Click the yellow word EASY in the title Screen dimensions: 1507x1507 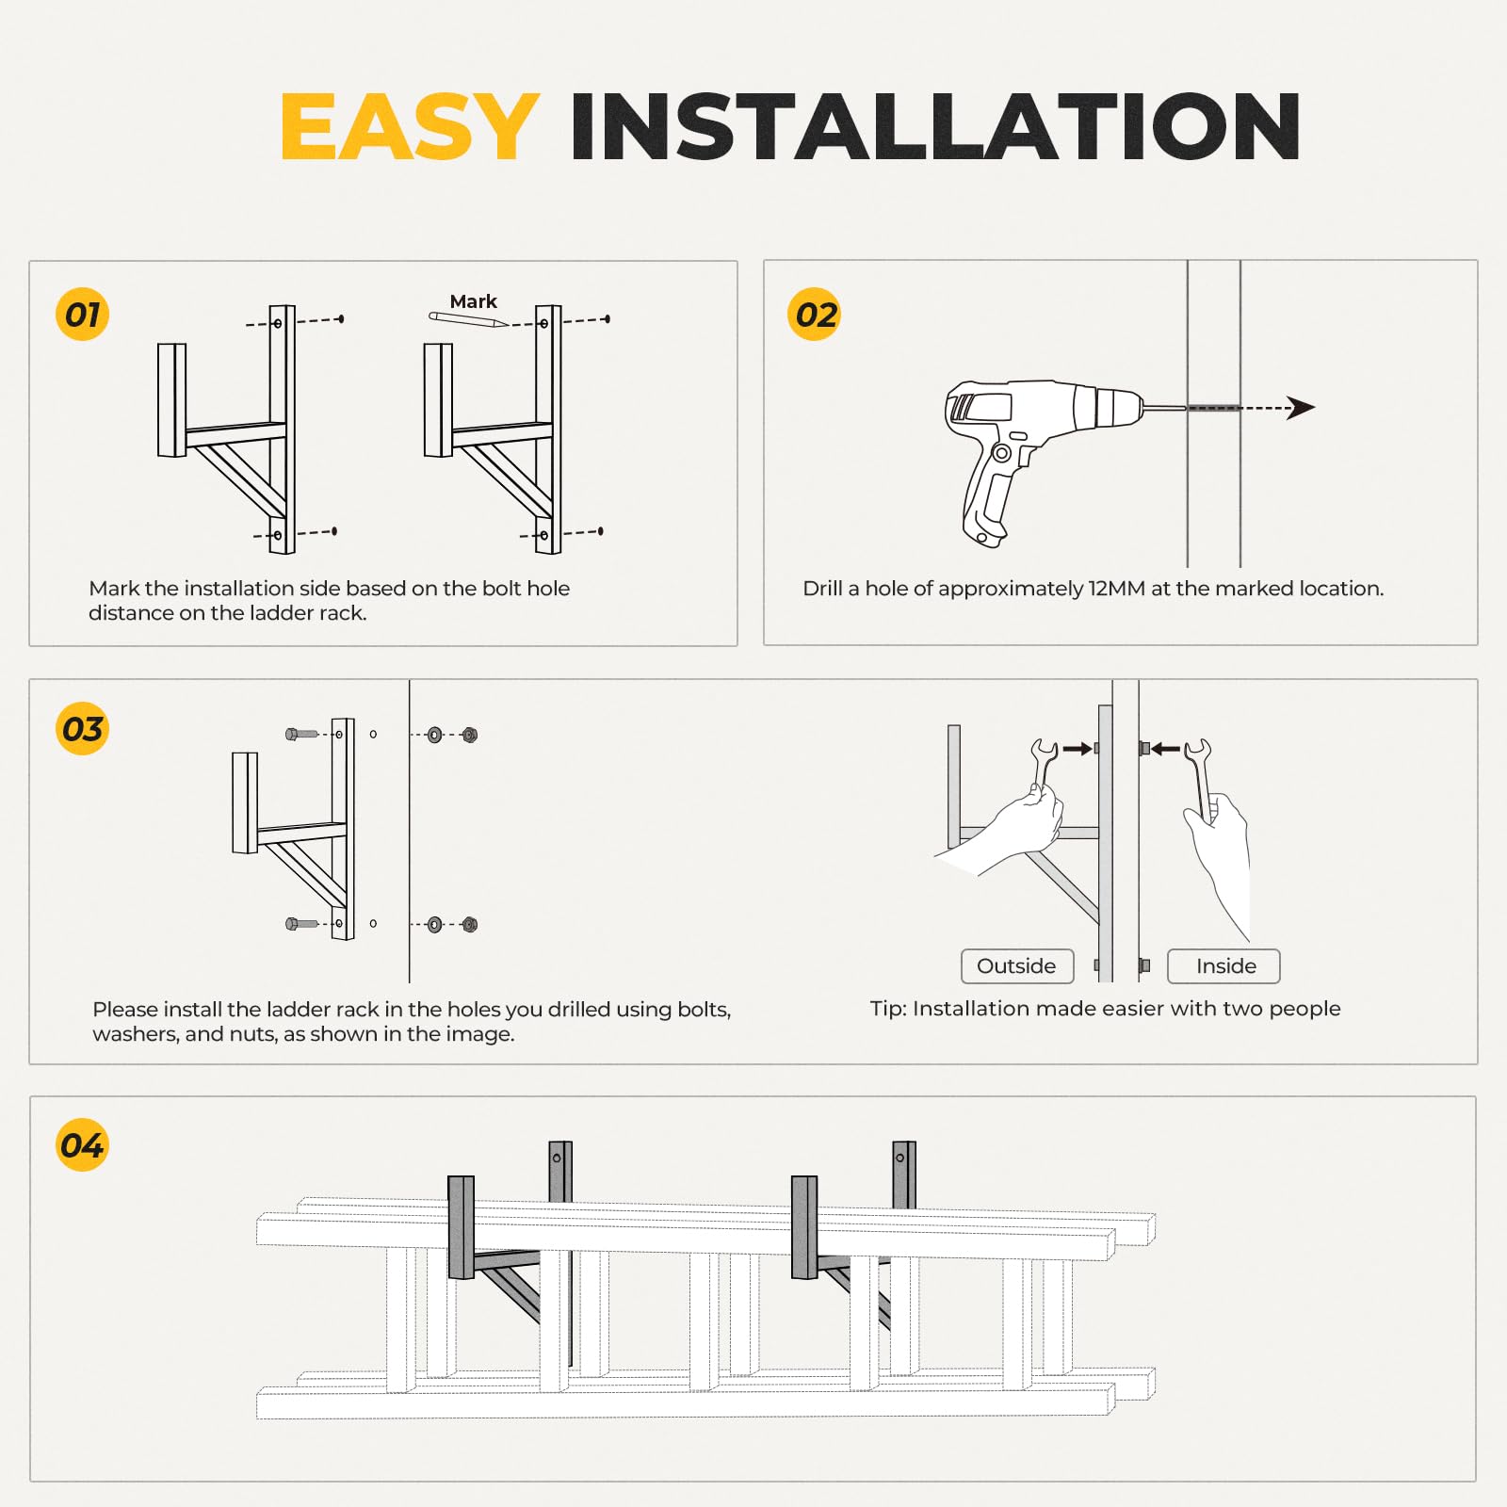click(410, 126)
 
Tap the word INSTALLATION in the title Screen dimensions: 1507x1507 click(935, 126)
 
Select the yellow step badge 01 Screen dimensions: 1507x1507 click(83, 314)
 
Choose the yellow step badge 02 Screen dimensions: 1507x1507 click(815, 314)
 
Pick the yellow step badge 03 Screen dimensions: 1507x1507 click(83, 729)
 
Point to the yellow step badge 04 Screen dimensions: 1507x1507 click(83, 1145)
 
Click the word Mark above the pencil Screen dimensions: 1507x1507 click(473, 301)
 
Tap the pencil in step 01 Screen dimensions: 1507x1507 click(468, 320)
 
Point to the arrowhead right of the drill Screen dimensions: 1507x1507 click(1301, 408)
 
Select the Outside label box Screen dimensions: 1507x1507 click(1017, 966)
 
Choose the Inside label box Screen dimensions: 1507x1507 click(1224, 966)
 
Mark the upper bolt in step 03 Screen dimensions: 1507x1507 click(302, 734)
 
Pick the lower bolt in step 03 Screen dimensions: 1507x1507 click(302, 924)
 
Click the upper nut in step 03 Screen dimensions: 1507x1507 click(470, 735)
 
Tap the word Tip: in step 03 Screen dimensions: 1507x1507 click(888, 1009)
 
